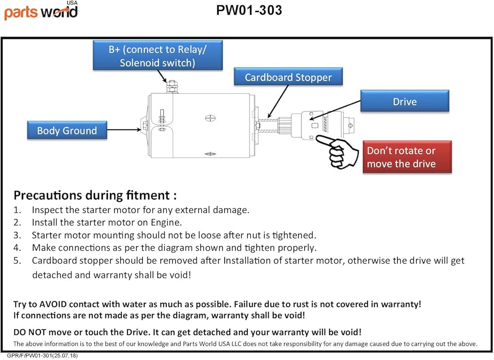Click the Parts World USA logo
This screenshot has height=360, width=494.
point(41,10)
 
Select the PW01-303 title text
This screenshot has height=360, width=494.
point(249,10)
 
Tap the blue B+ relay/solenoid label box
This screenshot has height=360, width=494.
point(158,55)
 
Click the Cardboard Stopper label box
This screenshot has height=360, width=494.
point(288,77)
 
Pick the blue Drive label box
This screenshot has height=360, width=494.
point(405,101)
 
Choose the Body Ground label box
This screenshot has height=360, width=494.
point(67,130)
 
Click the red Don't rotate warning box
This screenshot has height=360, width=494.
point(408,157)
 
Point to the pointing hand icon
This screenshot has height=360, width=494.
point(337,152)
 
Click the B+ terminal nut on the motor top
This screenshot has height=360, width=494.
point(171,86)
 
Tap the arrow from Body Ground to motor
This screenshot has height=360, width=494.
point(124,129)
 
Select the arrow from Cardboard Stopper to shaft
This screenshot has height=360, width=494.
point(278,101)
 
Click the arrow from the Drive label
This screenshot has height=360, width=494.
point(335,110)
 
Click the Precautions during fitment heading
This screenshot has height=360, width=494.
point(95,195)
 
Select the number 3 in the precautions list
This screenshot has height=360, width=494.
point(17,235)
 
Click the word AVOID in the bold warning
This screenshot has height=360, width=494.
point(53,304)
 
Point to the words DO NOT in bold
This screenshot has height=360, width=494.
point(30,332)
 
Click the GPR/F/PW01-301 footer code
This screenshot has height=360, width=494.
point(42,356)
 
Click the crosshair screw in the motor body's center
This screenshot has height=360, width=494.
point(210,119)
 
